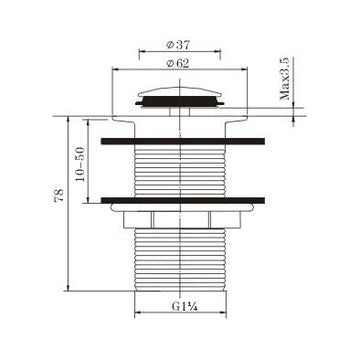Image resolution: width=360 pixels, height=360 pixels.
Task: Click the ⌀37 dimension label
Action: click(x=178, y=45)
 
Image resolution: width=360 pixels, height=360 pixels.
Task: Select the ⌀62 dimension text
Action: click(x=178, y=63)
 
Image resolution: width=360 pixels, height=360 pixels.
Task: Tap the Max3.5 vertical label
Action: click(x=286, y=79)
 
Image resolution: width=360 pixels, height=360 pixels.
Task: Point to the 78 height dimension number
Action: click(x=59, y=195)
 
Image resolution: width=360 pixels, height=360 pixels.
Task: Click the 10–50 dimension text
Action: click(x=80, y=164)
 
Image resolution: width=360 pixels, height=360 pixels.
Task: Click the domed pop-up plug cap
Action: click(x=180, y=92)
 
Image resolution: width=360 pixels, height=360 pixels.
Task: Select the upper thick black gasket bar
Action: click(x=183, y=141)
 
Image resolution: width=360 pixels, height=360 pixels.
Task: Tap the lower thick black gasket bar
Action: click(x=183, y=200)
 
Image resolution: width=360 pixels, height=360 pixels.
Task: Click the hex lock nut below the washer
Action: click(x=182, y=220)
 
